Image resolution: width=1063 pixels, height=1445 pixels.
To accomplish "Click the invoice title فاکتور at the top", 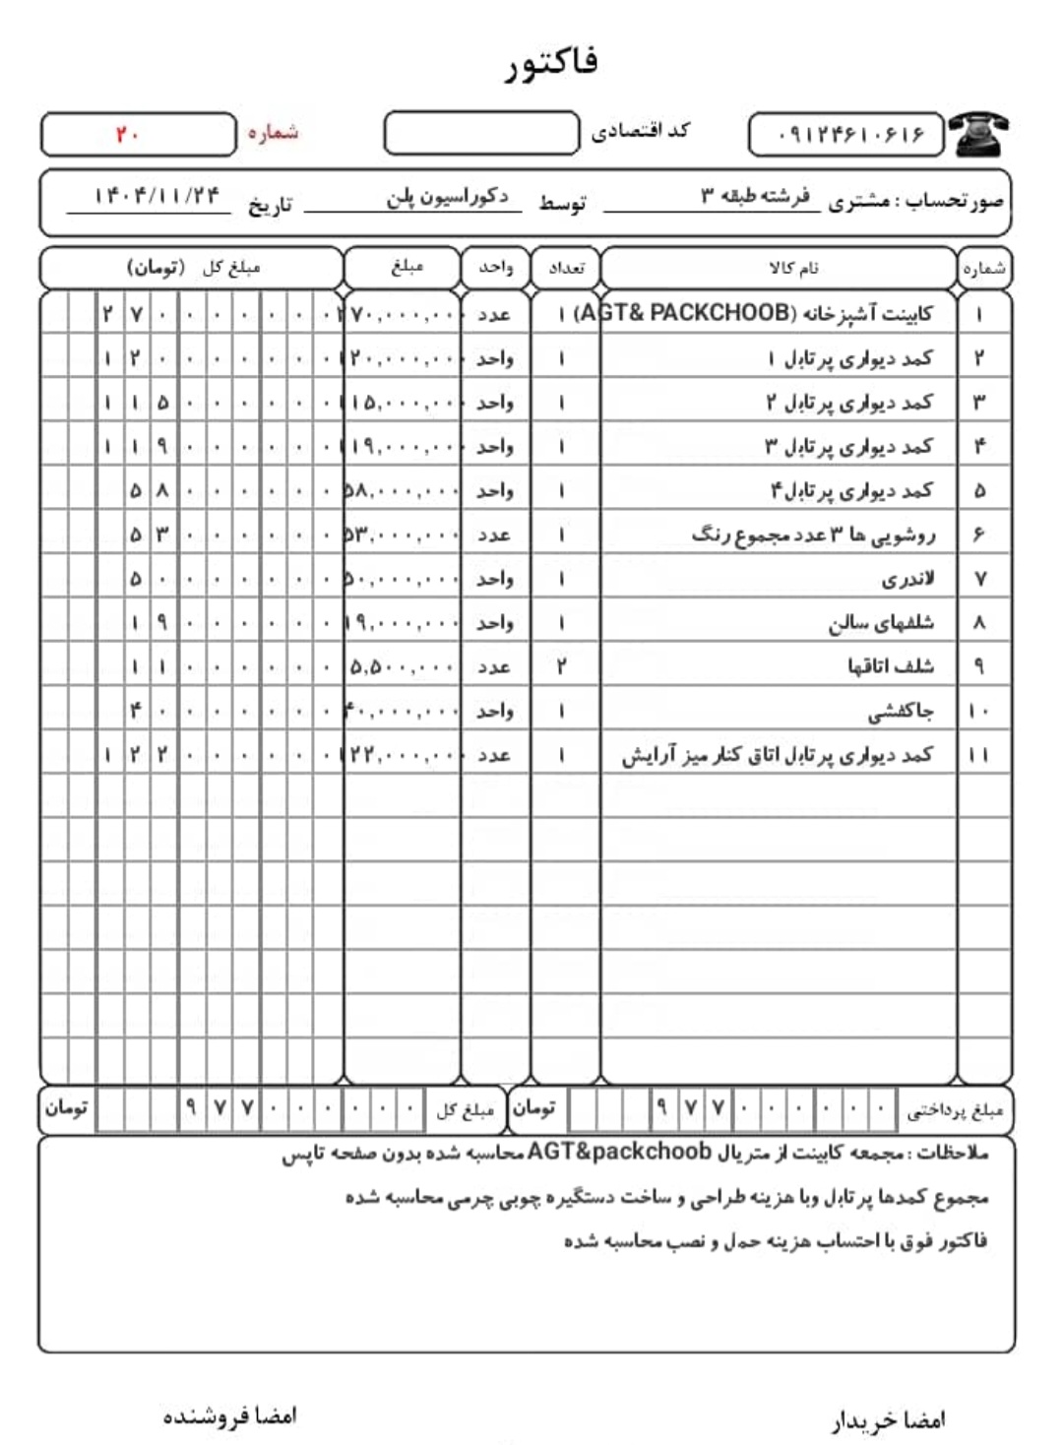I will point(551,63).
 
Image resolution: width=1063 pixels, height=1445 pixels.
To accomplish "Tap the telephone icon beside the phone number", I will point(979,134).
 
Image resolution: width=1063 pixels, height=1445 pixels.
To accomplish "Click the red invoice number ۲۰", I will point(127,134).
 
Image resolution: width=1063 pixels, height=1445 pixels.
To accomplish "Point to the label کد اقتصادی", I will point(640,131).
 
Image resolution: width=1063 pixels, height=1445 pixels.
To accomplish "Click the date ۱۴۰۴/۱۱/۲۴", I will point(157,195).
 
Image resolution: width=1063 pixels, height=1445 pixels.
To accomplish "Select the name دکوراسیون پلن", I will point(448,197).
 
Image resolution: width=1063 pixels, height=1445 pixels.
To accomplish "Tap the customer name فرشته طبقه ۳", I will point(755,196).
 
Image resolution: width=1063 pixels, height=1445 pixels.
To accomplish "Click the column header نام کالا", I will point(793,268).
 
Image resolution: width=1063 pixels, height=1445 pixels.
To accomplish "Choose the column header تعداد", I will point(566,268).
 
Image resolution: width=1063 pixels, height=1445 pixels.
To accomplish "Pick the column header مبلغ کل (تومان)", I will point(193,268).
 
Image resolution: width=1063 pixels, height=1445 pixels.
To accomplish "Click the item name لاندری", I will point(907,579).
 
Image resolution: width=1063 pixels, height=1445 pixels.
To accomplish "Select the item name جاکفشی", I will point(901,711).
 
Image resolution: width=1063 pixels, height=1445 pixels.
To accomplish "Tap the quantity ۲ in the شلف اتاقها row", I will point(561,666).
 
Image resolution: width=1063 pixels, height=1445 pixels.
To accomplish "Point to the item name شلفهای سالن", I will point(880,623).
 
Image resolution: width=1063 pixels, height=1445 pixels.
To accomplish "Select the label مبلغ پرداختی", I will point(954,1111).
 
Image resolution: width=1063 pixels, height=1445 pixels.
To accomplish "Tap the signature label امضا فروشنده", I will point(229,1416).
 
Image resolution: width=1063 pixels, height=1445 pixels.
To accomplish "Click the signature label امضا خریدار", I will point(888,1419).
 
